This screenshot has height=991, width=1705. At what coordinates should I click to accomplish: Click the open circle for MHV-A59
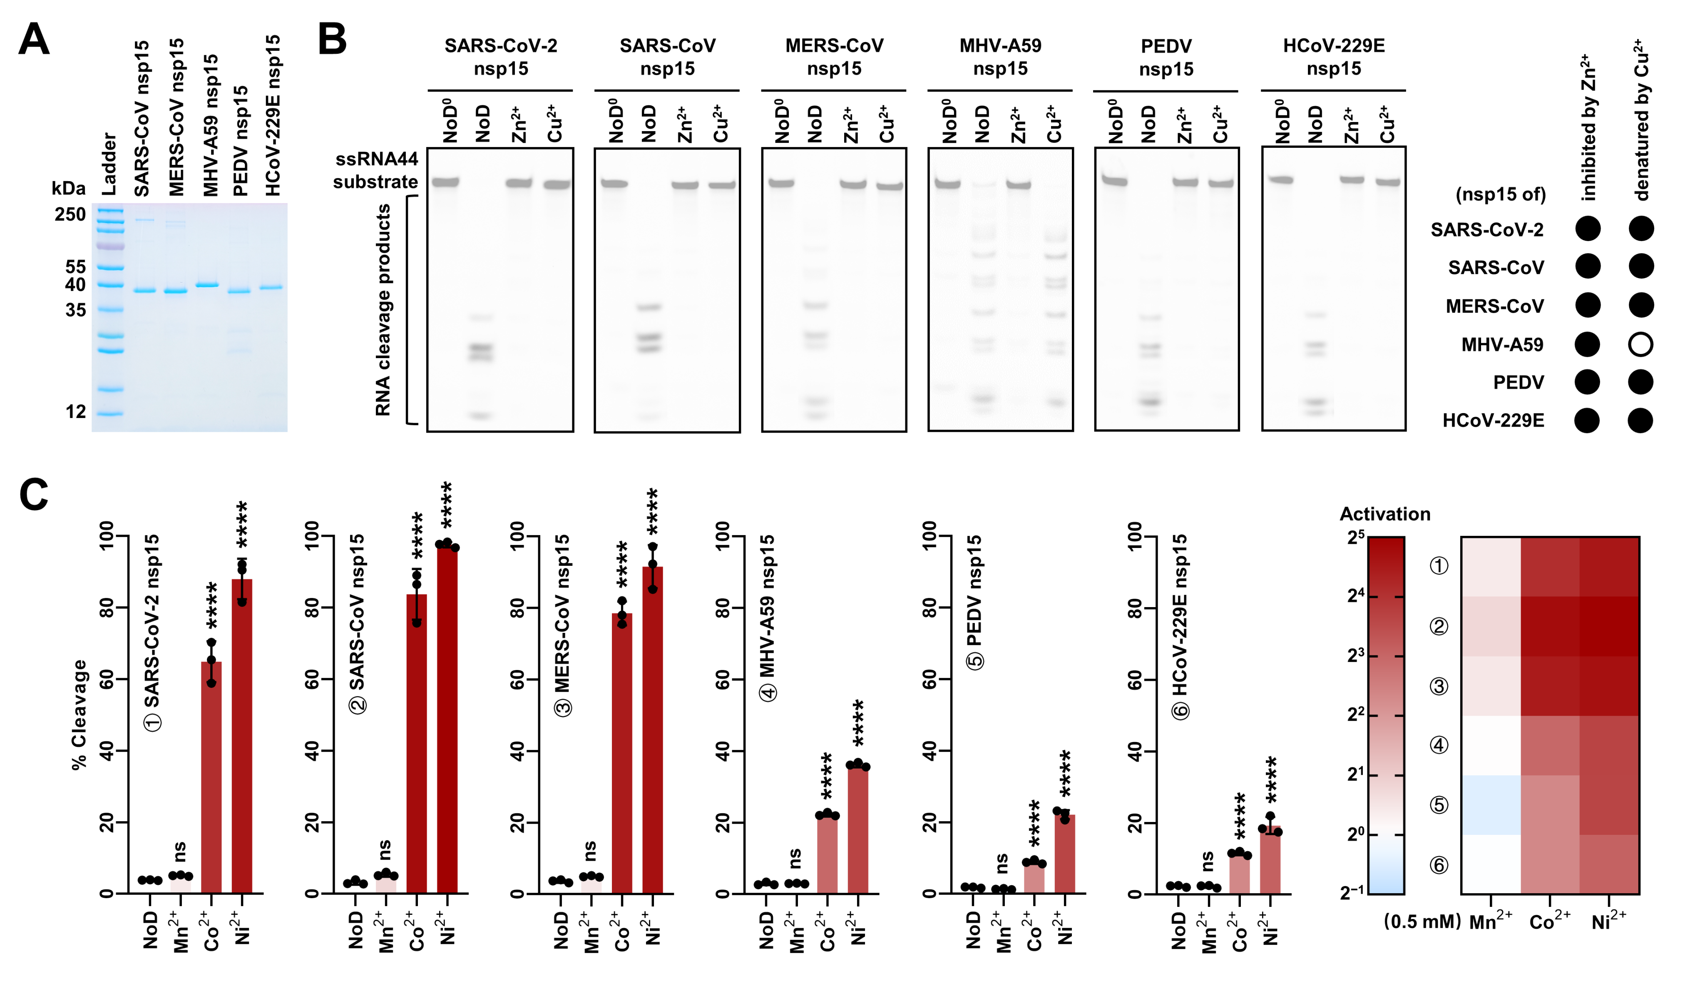coord(1640,344)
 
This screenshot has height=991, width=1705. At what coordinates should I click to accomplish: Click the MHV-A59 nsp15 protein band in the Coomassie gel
coord(207,285)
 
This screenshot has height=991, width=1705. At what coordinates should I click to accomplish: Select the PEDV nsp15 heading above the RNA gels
coord(1166,57)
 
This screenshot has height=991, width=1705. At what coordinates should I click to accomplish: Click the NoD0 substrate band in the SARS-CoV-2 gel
coord(446,182)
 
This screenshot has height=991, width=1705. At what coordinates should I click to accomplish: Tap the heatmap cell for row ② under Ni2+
coord(1609,626)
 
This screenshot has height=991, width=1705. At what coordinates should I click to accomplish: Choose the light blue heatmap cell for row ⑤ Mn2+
coord(1491,805)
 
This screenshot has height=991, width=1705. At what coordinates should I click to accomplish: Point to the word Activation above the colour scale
coord(1384,514)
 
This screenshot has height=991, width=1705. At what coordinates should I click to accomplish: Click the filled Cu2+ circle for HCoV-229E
coord(1640,421)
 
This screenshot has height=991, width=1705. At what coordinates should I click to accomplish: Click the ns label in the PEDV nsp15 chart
coord(1002,863)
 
